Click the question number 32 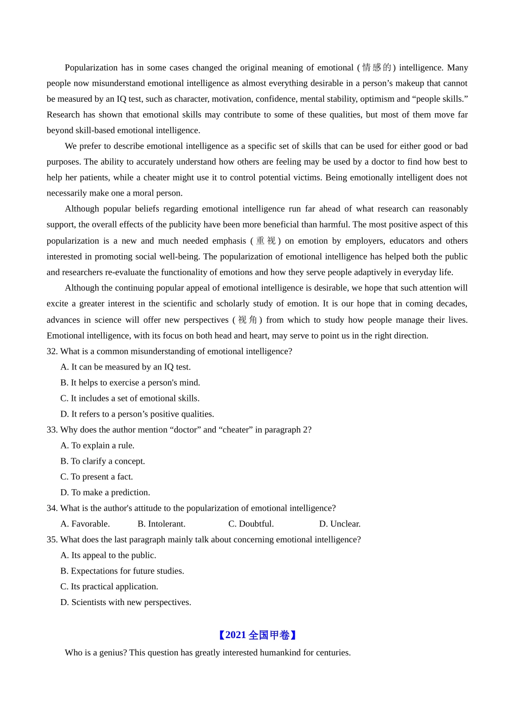(x=52, y=351)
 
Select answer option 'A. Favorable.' (x=85, y=524)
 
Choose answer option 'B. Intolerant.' (x=162, y=524)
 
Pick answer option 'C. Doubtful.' (x=251, y=524)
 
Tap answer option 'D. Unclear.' (x=340, y=524)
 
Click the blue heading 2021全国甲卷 (x=257, y=635)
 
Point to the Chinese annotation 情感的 (x=376, y=68)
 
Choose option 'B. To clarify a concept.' (x=102, y=461)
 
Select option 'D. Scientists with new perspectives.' (x=126, y=602)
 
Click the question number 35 (x=52, y=539)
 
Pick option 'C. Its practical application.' (x=109, y=587)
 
